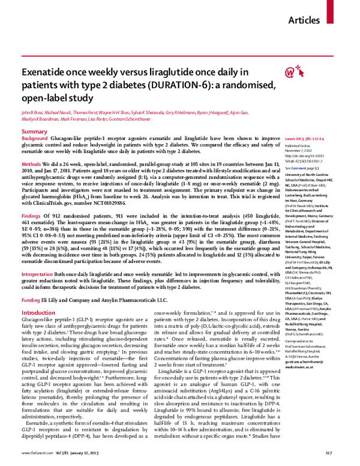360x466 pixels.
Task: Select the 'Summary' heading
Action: (34, 131)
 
